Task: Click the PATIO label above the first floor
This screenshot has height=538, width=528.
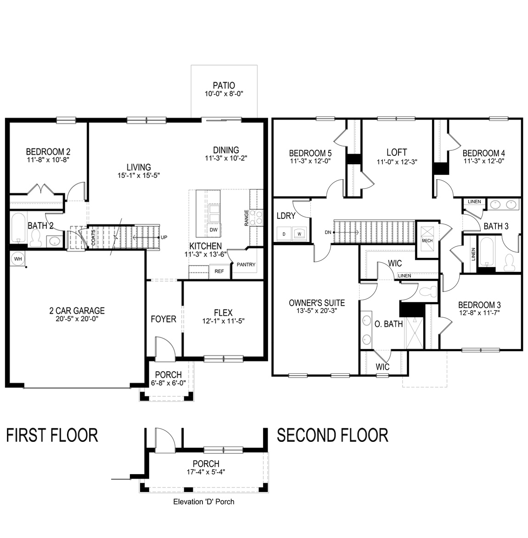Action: (224, 86)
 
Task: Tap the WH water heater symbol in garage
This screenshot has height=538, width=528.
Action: (18, 258)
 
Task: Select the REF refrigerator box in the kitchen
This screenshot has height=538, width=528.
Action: (219, 271)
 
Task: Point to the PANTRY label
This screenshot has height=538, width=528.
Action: (246, 264)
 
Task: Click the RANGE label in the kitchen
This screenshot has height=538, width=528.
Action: (247, 218)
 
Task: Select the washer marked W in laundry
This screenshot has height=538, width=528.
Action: (299, 234)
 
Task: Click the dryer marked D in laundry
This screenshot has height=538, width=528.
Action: (284, 234)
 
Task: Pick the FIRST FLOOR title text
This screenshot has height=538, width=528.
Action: (52, 435)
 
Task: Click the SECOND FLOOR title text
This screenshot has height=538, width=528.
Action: (332, 435)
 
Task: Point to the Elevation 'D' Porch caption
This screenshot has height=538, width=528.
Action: (203, 502)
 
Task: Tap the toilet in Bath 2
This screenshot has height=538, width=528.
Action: (36, 238)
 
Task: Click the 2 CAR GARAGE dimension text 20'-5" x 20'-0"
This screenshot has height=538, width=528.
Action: (77, 319)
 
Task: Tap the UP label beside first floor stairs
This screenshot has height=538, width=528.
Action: (164, 238)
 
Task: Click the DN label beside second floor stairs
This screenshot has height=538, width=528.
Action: (327, 232)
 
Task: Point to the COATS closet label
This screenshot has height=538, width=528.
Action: (93, 238)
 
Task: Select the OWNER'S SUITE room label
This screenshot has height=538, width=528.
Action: (317, 303)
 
